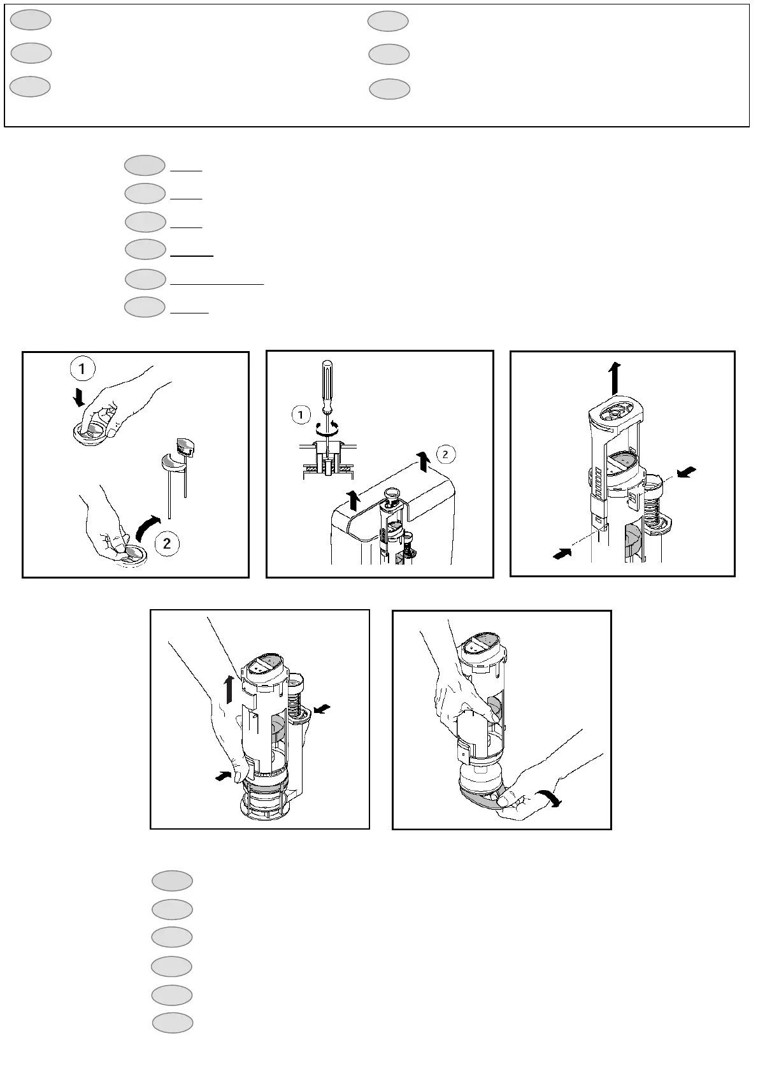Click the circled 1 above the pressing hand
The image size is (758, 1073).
pos(82,369)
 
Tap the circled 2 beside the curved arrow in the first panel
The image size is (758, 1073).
pos(167,544)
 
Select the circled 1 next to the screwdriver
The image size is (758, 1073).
pos(301,415)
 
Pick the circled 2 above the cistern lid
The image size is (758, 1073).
pos(445,454)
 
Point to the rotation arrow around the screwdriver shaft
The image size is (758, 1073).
pos(325,426)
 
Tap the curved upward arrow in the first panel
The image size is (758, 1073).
pos(148,528)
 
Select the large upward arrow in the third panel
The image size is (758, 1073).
pos(615,378)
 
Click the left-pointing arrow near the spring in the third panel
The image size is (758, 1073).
pos(686,472)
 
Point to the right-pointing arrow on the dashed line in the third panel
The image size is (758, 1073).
pos(562,554)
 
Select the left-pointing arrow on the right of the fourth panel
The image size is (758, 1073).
pos(322,709)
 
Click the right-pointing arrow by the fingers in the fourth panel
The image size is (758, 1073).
pos(223,775)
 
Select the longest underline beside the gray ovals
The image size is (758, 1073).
pos(217,285)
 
